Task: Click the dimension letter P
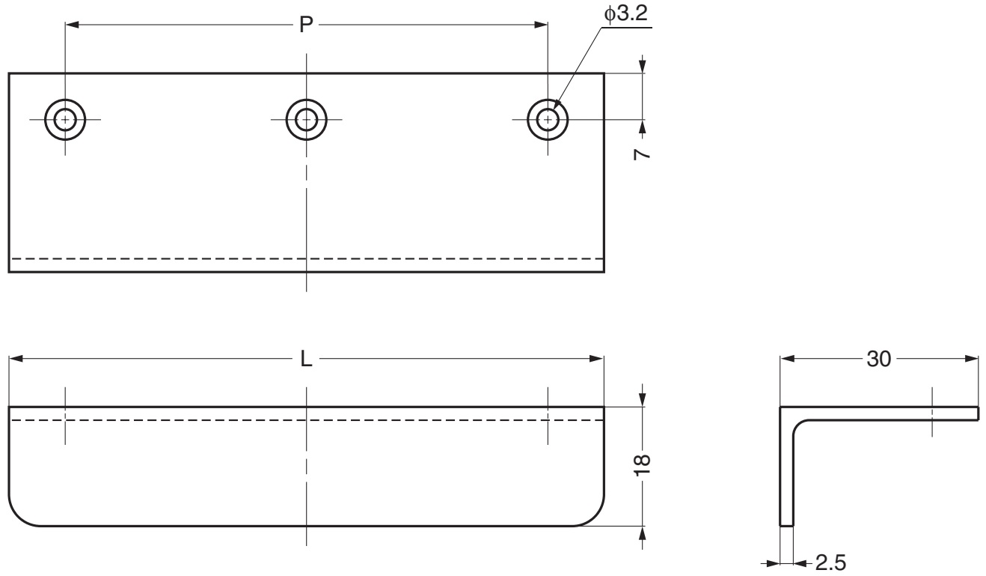point(306,25)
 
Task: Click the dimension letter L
point(306,359)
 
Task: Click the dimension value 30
point(879,359)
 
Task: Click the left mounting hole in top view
point(65,119)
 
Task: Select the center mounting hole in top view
point(306,119)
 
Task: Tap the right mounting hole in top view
point(548,119)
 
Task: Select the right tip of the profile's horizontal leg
point(976,413)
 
